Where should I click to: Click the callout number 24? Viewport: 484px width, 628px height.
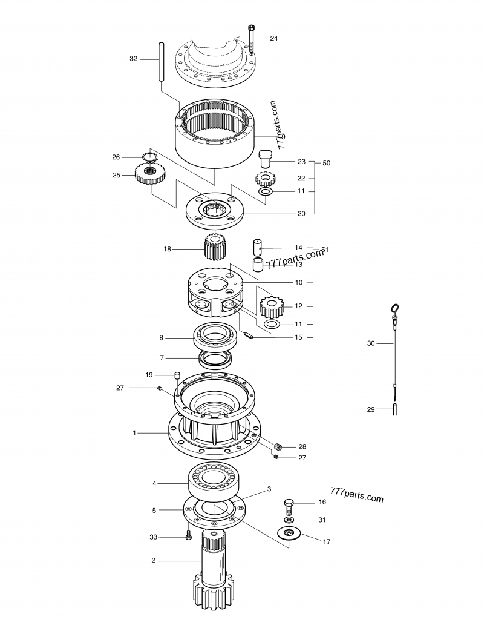coord(274,38)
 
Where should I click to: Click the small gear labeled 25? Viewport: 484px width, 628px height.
coord(148,176)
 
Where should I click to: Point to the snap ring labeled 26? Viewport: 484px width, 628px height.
coord(149,157)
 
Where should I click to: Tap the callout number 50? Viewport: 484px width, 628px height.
coord(327,164)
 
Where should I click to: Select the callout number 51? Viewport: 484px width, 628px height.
coord(325,250)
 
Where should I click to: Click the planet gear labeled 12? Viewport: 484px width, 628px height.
coord(272,306)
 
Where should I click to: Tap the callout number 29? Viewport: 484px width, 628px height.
coord(371,409)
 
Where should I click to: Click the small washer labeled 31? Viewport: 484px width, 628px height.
coord(290,520)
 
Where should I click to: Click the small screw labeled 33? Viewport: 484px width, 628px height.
coord(188,536)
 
